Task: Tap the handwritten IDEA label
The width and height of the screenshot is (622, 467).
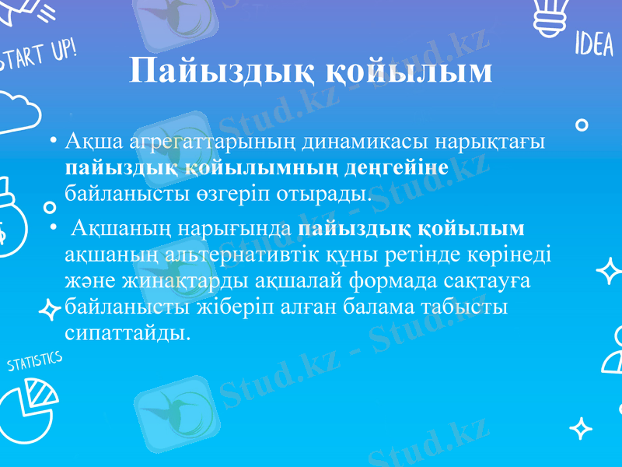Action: (594, 46)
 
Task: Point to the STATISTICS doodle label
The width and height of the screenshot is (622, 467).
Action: (34, 361)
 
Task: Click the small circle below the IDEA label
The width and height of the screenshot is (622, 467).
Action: (580, 125)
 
